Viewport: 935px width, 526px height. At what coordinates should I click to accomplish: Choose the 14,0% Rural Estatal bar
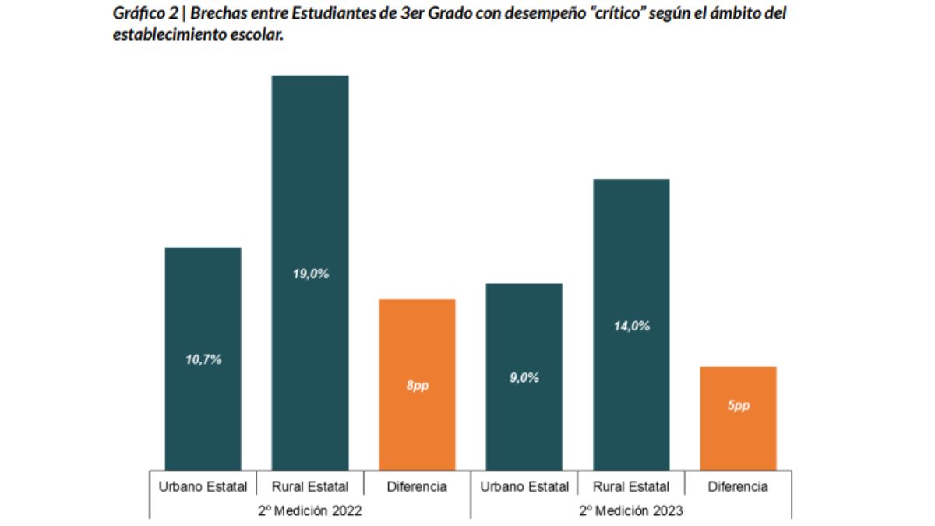631,257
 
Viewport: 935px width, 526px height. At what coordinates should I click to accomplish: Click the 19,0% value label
311,274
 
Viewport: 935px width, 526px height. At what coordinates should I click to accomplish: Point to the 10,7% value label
203,360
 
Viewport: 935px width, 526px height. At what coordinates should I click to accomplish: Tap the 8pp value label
417,387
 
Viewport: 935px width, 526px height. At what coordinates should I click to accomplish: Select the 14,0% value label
632,327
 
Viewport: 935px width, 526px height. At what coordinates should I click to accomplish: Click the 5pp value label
738,406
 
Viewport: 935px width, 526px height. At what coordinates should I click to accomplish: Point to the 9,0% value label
524,378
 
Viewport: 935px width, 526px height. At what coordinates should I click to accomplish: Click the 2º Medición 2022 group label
311,511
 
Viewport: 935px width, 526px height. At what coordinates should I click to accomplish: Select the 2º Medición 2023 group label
631,511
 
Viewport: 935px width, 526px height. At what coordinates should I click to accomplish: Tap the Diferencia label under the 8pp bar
417,487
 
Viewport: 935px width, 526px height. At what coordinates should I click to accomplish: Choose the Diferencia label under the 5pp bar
738,487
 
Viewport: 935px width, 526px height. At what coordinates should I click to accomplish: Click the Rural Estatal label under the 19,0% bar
310,487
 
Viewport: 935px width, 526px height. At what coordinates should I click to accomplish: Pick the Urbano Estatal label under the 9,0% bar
524,487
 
